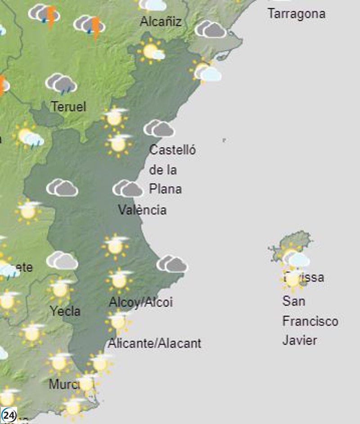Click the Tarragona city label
[296, 13]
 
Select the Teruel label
[68, 107]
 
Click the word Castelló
[172, 150]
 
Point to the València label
[142, 210]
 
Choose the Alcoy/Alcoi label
[141, 303]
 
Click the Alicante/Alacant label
[154, 344]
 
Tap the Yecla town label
[65, 311]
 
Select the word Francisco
[310, 321]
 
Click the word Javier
[299, 340]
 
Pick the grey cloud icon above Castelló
[159, 129]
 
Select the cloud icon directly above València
[128, 189]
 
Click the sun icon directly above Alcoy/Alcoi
[119, 280]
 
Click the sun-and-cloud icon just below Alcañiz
[151, 51]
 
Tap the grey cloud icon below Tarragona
[211, 29]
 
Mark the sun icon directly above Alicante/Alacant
[118, 321]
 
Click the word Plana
[165, 188]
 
